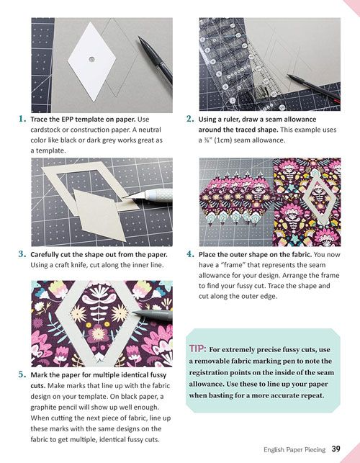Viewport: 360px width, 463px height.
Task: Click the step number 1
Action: click(x=22, y=119)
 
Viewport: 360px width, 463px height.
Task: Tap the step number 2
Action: click(x=190, y=119)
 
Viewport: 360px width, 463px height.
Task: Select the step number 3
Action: click(x=22, y=254)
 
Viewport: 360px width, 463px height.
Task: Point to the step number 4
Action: click(x=190, y=254)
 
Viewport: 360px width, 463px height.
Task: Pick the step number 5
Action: click(x=22, y=374)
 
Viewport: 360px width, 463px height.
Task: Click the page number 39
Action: click(x=336, y=449)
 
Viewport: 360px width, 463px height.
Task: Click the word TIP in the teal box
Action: click(x=197, y=349)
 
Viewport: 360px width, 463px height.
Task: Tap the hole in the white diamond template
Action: click(x=91, y=59)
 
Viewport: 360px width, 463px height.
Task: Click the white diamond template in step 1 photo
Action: click(x=91, y=61)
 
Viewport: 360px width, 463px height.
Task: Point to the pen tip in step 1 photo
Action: click(x=140, y=38)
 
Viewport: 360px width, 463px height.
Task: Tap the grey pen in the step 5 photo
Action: click(x=153, y=315)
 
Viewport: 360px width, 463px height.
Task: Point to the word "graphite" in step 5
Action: click(x=44, y=407)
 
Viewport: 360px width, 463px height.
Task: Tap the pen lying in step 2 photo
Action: click(x=313, y=87)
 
